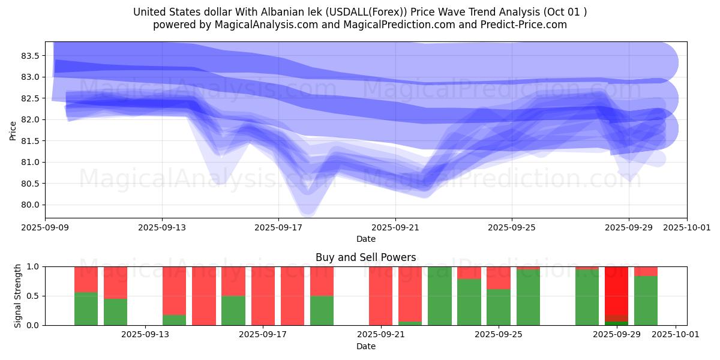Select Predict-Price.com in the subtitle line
pyautogui.click(x=519, y=25)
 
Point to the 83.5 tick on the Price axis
pyautogui.click(x=30, y=56)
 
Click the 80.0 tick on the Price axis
pyautogui.click(x=30, y=205)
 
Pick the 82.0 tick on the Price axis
pyautogui.click(x=30, y=119)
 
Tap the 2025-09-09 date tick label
pyautogui.click(x=45, y=228)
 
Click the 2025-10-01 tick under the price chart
pyautogui.click(x=687, y=228)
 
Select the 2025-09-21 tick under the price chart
pyautogui.click(x=395, y=228)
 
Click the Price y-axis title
pyautogui.click(x=13, y=130)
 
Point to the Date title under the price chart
pyautogui.click(x=366, y=239)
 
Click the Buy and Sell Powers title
pyautogui.click(x=366, y=257)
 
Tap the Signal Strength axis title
pyautogui.click(x=18, y=295)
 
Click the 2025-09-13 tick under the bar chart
pyautogui.click(x=145, y=335)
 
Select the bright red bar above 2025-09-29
pyautogui.click(x=616, y=290)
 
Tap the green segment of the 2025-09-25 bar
pyautogui.click(x=499, y=307)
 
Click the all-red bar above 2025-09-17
pyautogui.click(x=263, y=295)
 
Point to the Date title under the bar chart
pyautogui.click(x=366, y=346)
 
